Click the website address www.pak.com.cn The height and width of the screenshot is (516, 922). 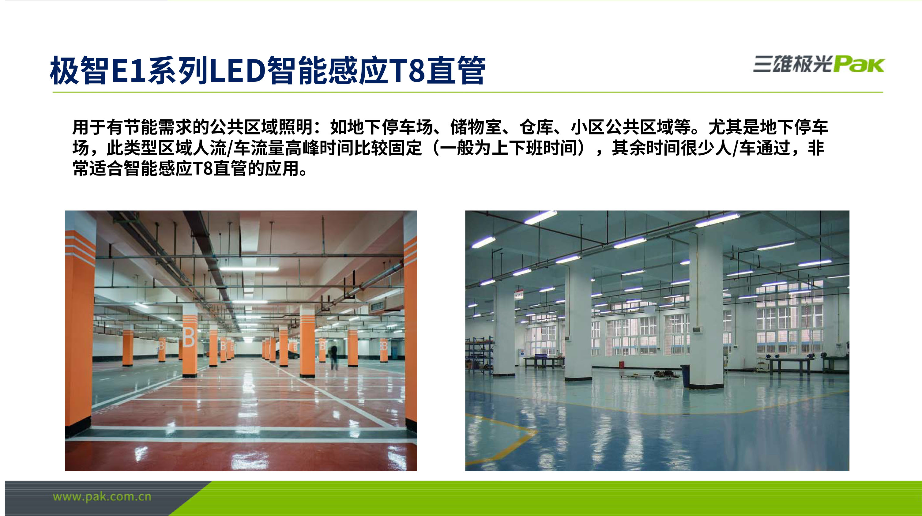(x=102, y=497)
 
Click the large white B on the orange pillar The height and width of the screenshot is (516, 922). (x=189, y=337)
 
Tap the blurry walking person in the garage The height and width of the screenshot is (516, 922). (x=333, y=356)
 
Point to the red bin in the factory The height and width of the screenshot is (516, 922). (x=622, y=365)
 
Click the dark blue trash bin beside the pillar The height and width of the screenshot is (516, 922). (x=685, y=375)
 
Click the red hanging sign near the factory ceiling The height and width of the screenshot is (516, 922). (x=518, y=295)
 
